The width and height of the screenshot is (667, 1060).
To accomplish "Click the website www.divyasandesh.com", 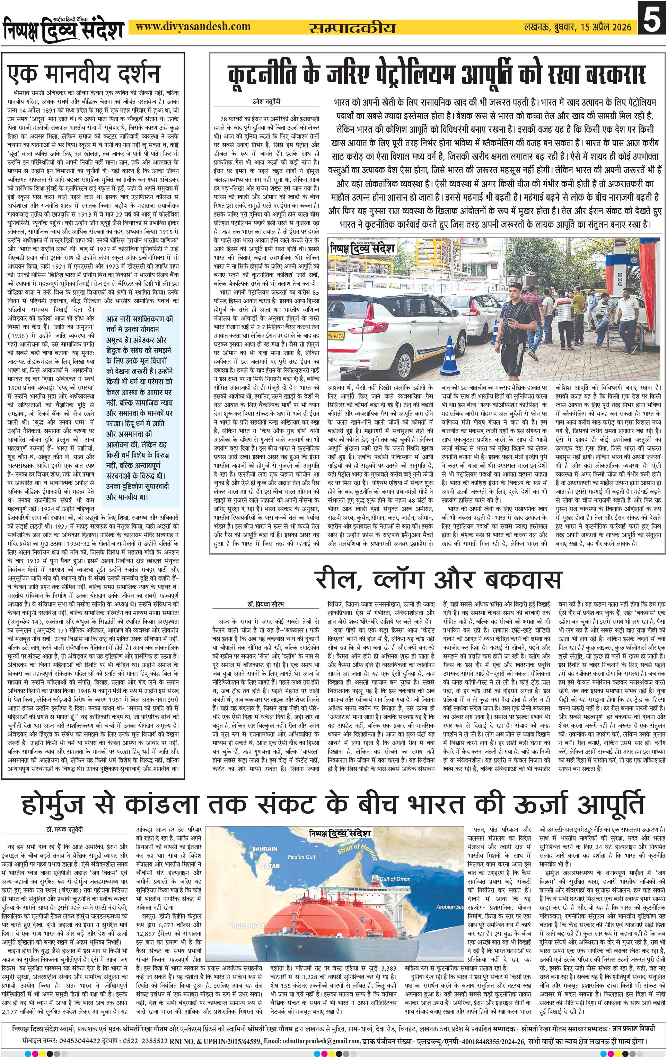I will [x=193, y=26].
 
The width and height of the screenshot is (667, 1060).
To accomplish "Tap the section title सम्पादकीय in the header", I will [x=352, y=28].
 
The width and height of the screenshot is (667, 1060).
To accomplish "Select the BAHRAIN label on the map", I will [x=264, y=848].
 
